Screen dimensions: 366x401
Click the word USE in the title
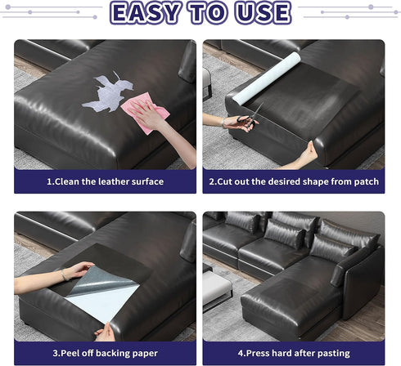pyautogui.click(x=259, y=14)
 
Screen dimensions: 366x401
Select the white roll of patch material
pyautogui.click(x=267, y=78)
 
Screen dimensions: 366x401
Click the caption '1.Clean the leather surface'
pyautogui.click(x=105, y=181)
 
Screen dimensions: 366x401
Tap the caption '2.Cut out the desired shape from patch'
pyautogui.click(x=293, y=181)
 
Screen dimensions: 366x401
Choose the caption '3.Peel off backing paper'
pyautogui.click(x=105, y=353)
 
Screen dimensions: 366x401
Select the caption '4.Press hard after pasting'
pyautogui.click(x=293, y=353)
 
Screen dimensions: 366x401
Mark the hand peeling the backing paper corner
pyautogui.click(x=106, y=331)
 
